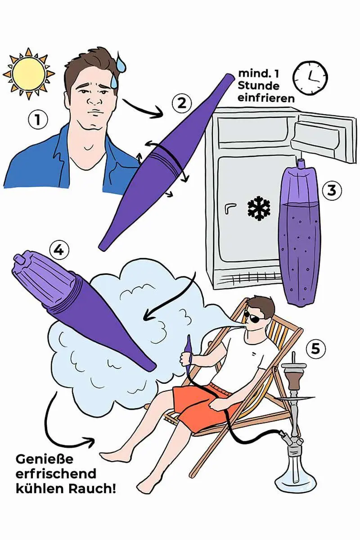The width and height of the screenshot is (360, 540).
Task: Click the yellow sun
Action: point(29,73)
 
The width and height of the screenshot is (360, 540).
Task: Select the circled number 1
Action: point(37,120)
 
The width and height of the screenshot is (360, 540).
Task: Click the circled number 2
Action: point(181,103)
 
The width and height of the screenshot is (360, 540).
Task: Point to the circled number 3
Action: point(331,190)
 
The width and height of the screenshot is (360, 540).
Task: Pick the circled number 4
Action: point(59,250)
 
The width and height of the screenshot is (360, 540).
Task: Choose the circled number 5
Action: point(315,349)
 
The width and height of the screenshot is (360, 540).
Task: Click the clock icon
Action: point(310,78)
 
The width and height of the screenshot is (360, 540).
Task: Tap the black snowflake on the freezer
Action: point(259,209)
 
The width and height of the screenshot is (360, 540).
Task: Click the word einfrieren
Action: point(266,98)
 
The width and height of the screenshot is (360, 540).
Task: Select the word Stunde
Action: point(258,86)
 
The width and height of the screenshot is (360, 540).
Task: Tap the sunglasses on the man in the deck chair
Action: point(253,318)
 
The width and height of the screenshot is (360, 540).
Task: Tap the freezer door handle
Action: point(229,209)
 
